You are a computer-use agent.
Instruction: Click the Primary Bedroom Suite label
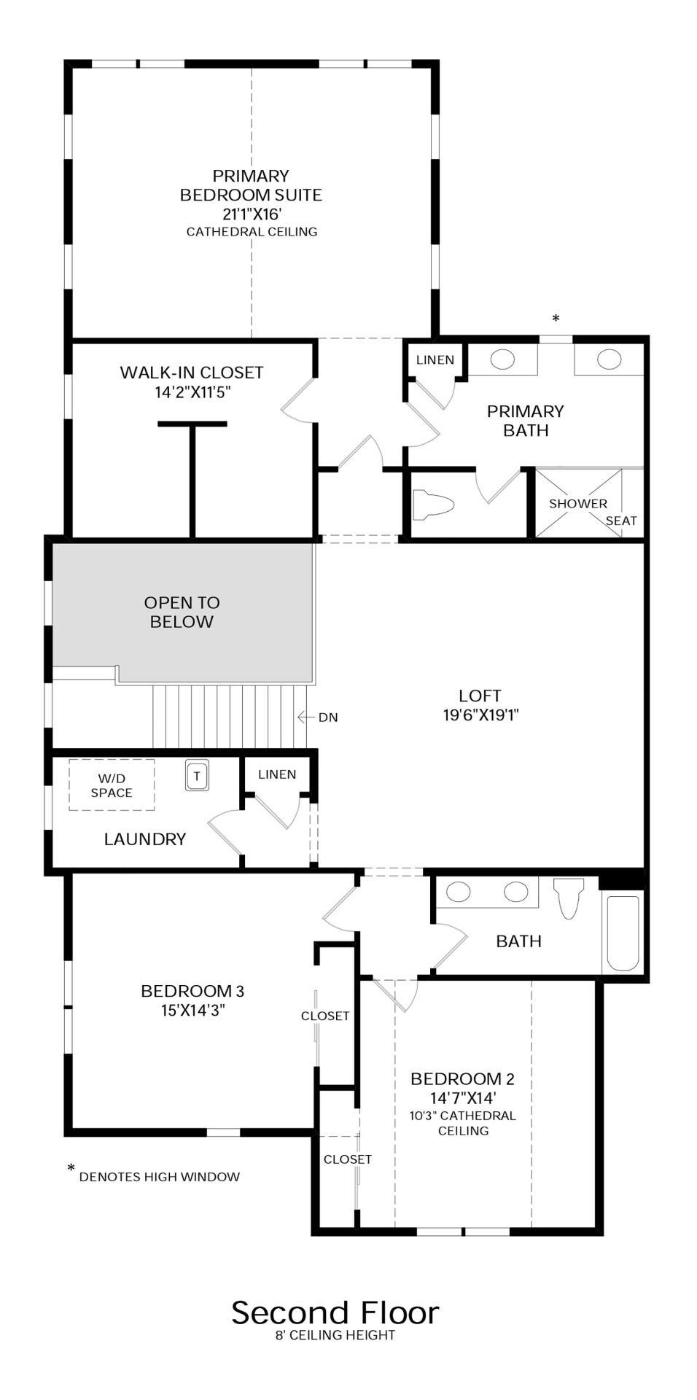click(x=251, y=185)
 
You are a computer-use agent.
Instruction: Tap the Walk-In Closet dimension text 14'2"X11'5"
click(x=192, y=392)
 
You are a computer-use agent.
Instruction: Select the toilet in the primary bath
click(x=433, y=505)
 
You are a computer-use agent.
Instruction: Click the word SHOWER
click(x=577, y=504)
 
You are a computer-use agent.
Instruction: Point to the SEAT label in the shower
click(x=621, y=521)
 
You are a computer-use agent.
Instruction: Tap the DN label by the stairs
click(x=328, y=717)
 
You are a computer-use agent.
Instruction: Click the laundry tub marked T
click(x=197, y=776)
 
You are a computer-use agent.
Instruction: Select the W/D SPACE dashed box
click(x=112, y=785)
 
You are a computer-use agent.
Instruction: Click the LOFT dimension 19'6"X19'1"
click(x=480, y=715)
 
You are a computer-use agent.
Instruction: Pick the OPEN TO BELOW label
click(x=182, y=612)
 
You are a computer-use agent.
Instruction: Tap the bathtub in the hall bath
click(x=623, y=933)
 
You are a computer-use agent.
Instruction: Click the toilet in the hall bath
click(x=569, y=898)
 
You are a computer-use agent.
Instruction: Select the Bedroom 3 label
click(x=192, y=991)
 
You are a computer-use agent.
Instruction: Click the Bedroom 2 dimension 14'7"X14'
click(x=463, y=1098)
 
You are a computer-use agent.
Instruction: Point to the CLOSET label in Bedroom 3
click(x=325, y=1016)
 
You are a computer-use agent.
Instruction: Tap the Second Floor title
click(x=335, y=1312)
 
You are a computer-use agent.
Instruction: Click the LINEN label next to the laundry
click(x=277, y=774)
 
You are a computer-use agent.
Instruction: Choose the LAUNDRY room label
click(x=145, y=839)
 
